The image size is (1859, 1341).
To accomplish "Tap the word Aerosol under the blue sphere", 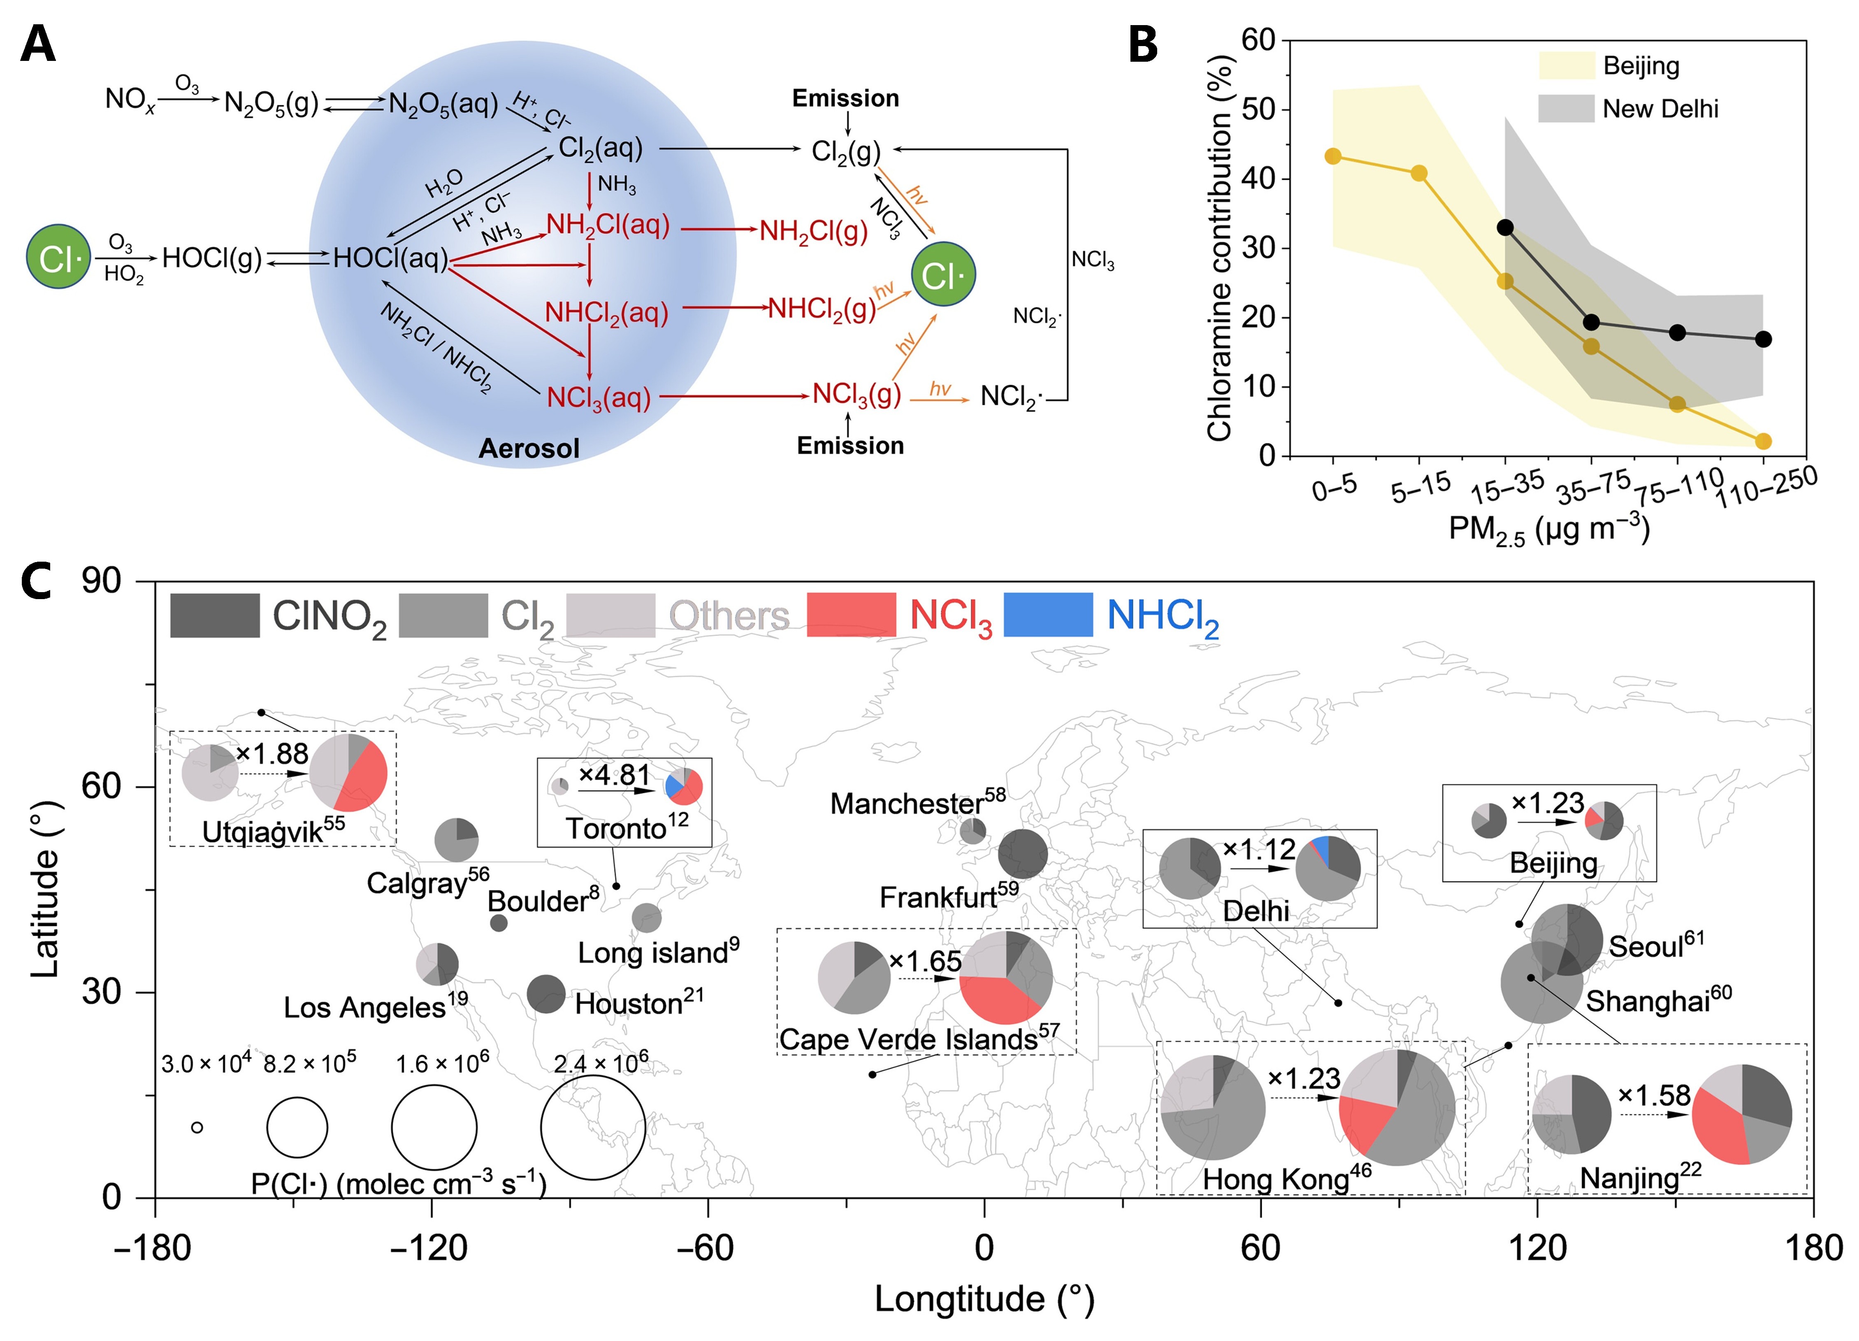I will coord(529,449).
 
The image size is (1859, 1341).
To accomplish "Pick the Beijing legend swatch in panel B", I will coord(1566,65).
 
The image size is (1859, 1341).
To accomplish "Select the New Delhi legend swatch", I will coord(1566,108).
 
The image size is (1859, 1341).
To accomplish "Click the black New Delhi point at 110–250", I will coord(1763,339).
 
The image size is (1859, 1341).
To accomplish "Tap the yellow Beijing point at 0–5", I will coord(1333,156).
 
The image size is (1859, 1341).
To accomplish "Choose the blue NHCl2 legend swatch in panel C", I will coord(1047,615).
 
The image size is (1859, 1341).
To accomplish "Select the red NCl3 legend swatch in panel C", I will coord(851,615).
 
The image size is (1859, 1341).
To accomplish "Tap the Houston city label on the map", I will coord(638,1003).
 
